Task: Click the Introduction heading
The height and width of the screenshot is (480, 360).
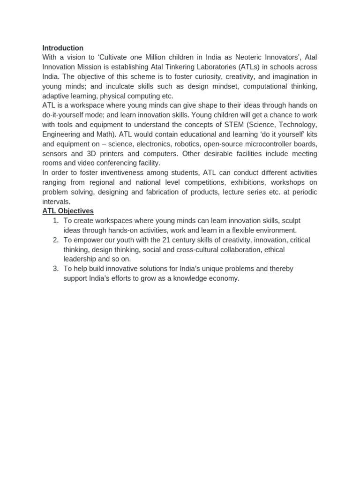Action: tap(63, 48)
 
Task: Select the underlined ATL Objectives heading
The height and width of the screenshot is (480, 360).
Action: tap(68, 211)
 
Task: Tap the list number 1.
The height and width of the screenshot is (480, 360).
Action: tap(55, 221)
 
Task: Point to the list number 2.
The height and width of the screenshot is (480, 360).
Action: tap(55, 240)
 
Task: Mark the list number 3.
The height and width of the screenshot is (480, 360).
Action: tap(55, 269)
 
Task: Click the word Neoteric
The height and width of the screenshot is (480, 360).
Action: tap(248, 57)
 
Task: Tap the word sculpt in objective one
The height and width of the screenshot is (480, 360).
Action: tap(291, 221)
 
